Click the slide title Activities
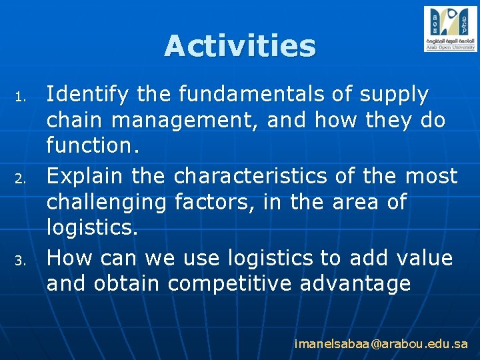[x=239, y=46]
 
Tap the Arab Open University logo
[x=450, y=29]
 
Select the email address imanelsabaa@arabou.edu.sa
[x=381, y=344]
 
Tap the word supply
[x=394, y=95]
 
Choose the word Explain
[x=85, y=176]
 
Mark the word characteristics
[x=251, y=176]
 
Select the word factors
[x=213, y=203]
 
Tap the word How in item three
[x=67, y=257]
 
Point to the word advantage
[x=355, y=285]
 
